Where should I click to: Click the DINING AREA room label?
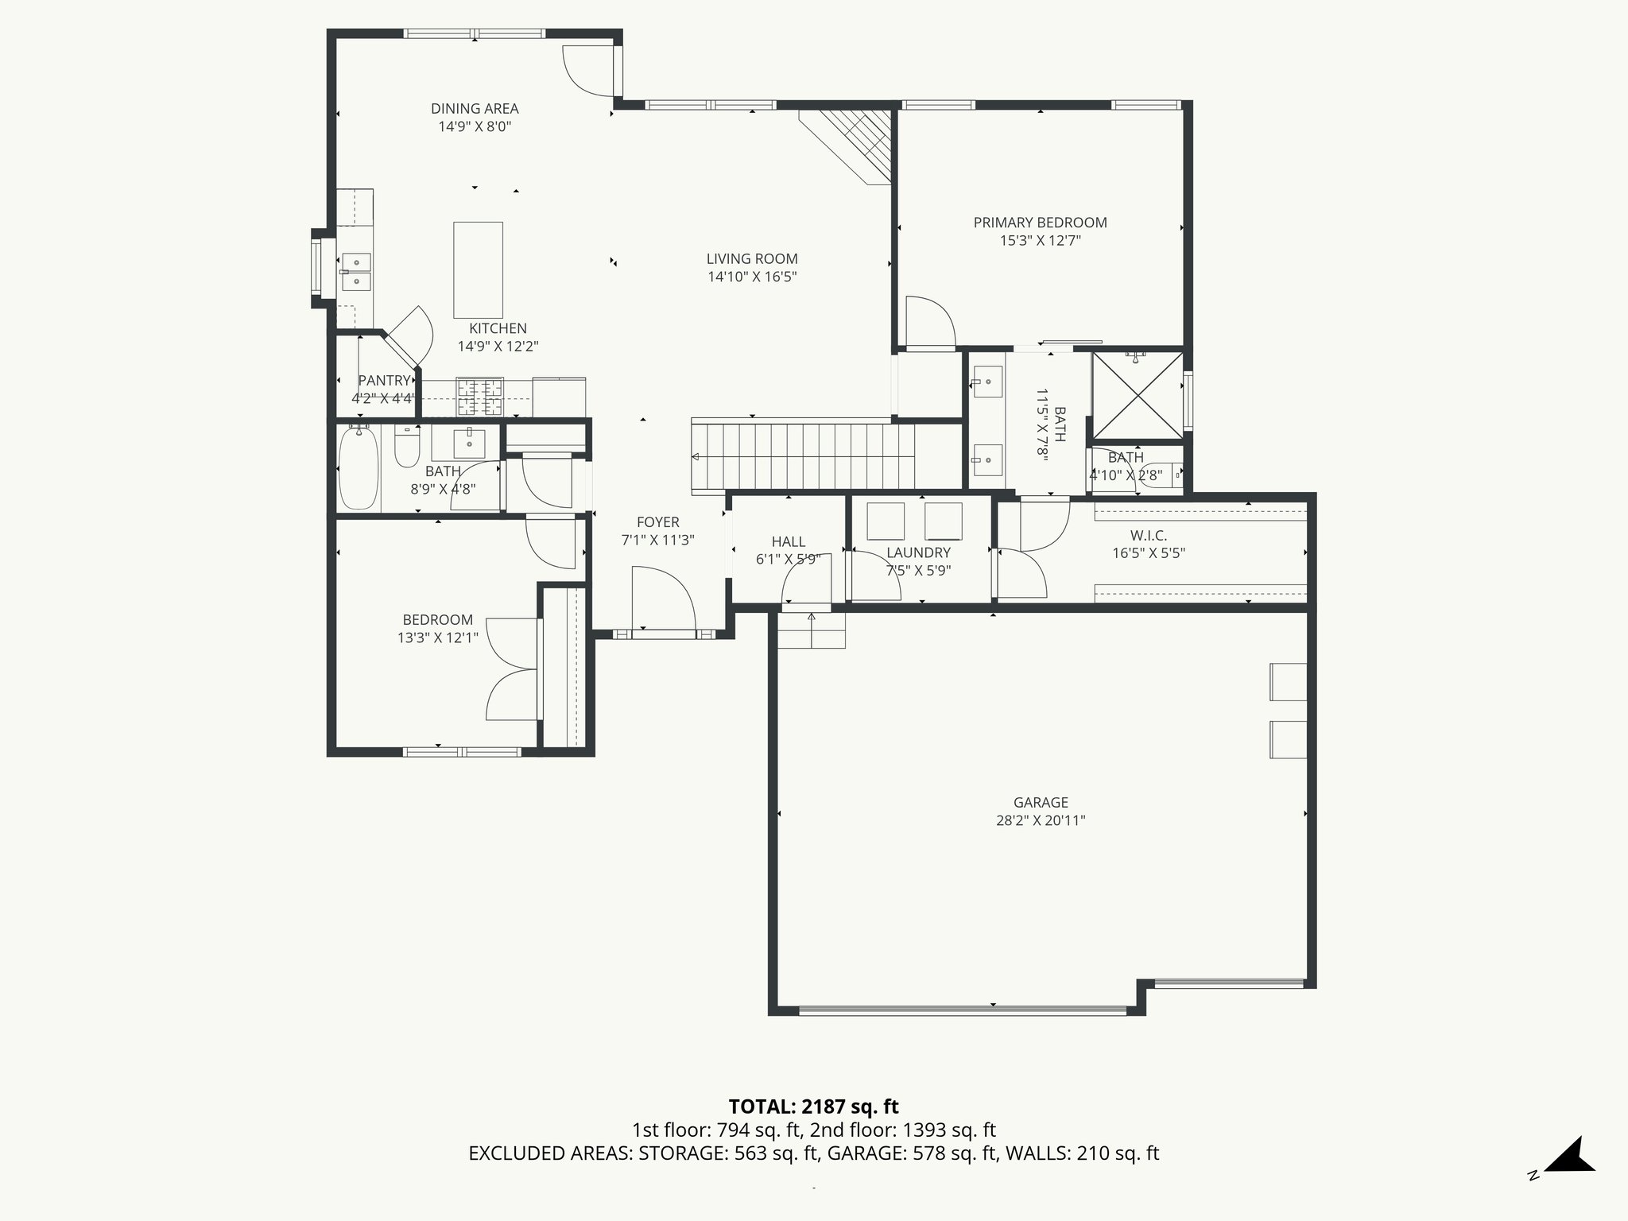pyautogui.click(x=475, y=109)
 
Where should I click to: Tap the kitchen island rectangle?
pyautogui.click(x=478, y=270)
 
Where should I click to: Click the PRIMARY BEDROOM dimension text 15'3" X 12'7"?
pyautogui.click(x=1040, y=240)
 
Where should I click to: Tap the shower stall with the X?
pyautogui.click(x=1137, y=395)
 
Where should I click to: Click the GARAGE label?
pyautogui.click(x=1041, y=803)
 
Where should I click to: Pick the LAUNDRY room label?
pyautogui.click(x=918, y=552)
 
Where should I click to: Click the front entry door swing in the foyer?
pyautogui.click(x=664, y=598)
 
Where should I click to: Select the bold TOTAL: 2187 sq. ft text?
pyautogui.click(x=813, y=1107)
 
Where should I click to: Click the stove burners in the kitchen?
pyautogui.click(x=479, y=397)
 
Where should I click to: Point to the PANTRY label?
pyautogui.click(x=384, y=381)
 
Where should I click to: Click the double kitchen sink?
pyautogui.click(x=355, y=271)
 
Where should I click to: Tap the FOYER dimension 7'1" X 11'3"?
pyautogui.click(x=657, y=540)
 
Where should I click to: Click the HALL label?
pyautogui.click(x=788, y=541)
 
